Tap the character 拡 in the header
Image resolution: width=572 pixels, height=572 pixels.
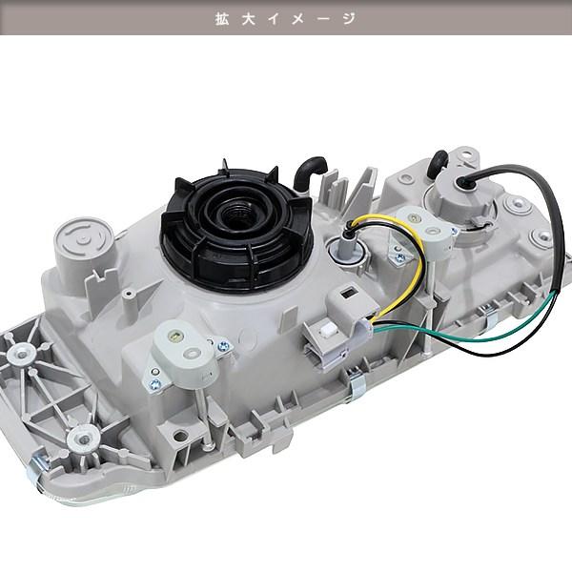click(x=222, y=18)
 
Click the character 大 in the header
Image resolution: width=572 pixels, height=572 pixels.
click(x=249, y=18)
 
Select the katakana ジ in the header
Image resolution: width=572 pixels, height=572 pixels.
click(x=349, y=18)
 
